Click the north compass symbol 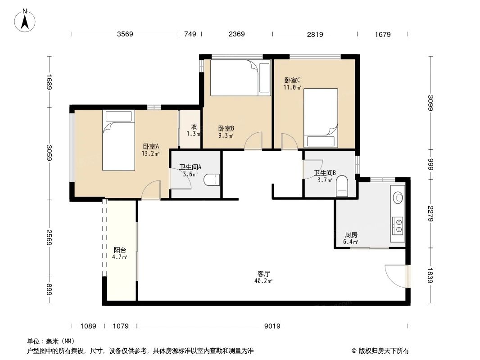click(x=26, y=20)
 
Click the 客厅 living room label click(x=264, y=273)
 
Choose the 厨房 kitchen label click(x=351, y=234)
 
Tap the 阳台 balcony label click(x=120, y=250)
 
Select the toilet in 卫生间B click(x=342, y=186)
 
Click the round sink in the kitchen click(x=398, y=197)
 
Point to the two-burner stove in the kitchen click(x=398, y=225)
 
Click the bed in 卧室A click(x=118, y=140)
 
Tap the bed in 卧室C click(x=321, y=118)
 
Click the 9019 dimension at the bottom click(x=272, y=326)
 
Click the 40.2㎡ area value click(x=264, y=281)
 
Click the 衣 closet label click(x=194, y=127)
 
